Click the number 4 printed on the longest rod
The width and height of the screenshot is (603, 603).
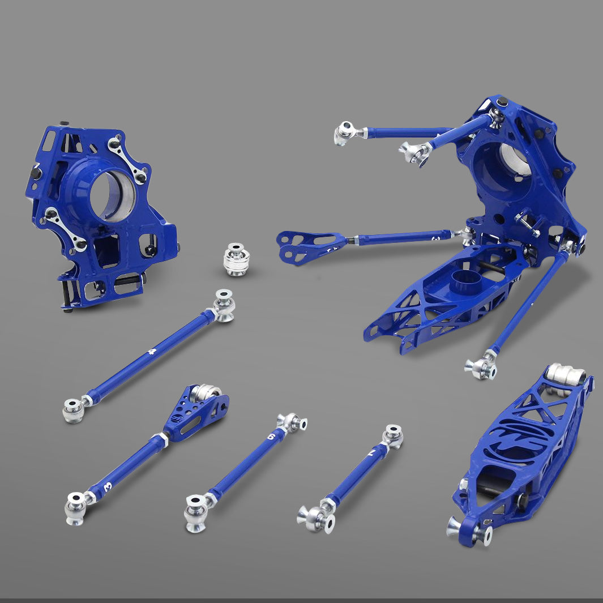151,352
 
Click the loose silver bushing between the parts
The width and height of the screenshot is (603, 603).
236,259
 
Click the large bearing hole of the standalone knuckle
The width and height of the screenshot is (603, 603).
112,196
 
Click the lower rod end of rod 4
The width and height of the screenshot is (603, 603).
74,410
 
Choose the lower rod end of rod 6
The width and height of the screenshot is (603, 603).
196,512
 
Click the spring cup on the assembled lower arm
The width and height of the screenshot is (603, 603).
465,279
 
